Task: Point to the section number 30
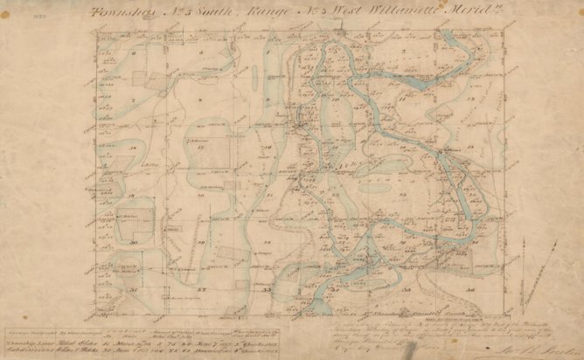(x=133, y=242)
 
